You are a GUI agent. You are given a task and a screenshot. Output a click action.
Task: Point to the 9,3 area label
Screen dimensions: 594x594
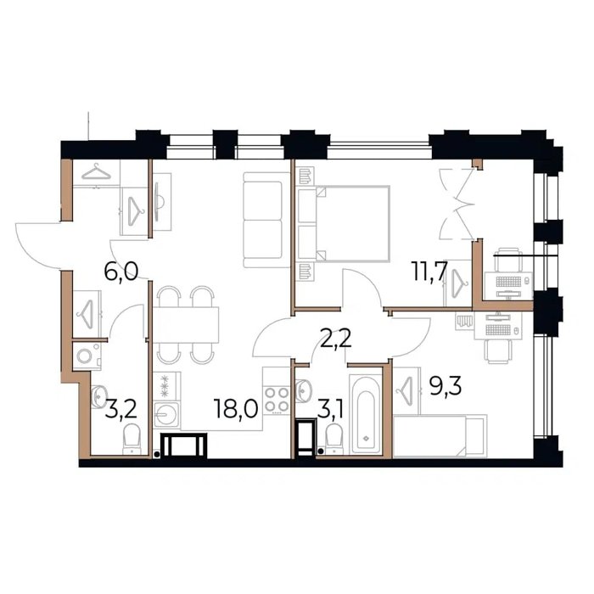tap(445, 386)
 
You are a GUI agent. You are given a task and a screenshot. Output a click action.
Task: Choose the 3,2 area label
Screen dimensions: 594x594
tap(120, 410)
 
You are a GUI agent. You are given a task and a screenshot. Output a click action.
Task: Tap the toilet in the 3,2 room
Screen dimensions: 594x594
tap(132, 439)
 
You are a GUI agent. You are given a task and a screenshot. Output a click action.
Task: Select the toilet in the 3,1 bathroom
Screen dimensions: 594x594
tap(333, 439)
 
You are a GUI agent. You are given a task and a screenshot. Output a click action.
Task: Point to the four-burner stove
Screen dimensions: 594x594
tap(277, 400)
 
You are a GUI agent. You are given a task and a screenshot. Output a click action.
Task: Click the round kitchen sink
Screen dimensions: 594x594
tap(166, 414)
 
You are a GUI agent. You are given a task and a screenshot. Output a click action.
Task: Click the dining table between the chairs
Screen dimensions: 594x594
tap(186, 325)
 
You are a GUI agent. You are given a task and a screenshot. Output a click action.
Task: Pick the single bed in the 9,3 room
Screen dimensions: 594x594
tap(440, 436)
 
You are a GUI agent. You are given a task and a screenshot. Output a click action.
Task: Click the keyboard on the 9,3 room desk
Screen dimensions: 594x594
tap(498, 330)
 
